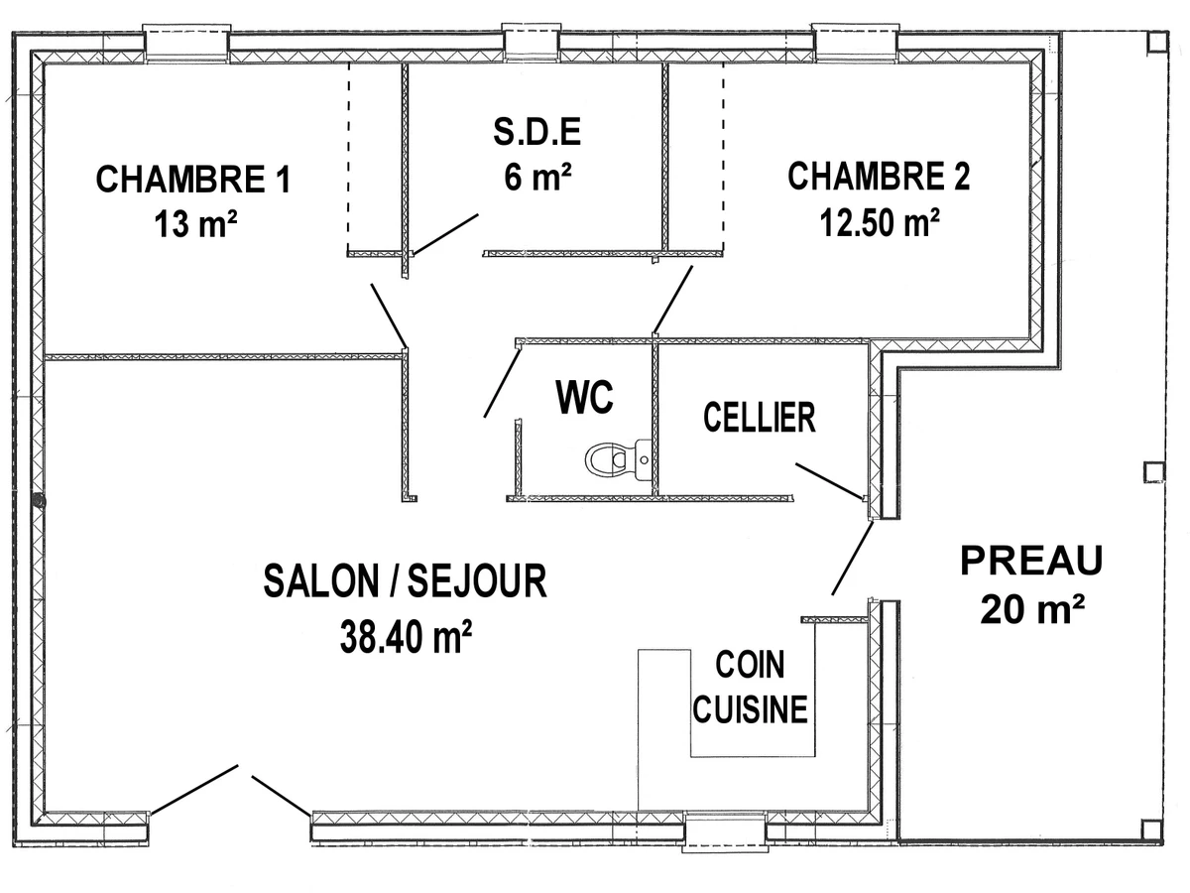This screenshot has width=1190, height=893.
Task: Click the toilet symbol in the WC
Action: [618, 459]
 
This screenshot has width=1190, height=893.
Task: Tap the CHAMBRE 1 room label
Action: [193, 179]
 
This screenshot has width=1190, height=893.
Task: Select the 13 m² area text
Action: [195, 223]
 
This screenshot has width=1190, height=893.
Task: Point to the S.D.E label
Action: [537, 131]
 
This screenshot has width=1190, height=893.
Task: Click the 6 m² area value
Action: [537, 176]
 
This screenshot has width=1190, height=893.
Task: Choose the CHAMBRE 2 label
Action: [879, 176]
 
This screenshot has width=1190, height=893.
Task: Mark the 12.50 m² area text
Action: [880, 222]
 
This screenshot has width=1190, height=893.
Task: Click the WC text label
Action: [584, 397]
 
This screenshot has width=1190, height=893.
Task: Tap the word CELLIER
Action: [759, 418]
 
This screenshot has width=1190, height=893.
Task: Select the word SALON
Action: [320, 580]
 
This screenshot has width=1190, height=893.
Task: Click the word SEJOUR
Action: [477, 580]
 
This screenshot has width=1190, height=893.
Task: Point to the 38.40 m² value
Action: [406, 636]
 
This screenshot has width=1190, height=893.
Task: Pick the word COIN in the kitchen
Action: [750, 664]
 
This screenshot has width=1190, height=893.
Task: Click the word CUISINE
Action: [750, 709]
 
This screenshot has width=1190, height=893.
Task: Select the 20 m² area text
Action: [1032, 609]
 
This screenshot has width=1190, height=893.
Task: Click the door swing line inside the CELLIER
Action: [829, 480]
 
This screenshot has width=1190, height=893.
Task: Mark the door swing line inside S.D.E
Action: [445, 234]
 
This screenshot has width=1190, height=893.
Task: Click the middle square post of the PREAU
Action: [1154, 472]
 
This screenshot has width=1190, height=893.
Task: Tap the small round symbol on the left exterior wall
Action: [39, 501]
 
